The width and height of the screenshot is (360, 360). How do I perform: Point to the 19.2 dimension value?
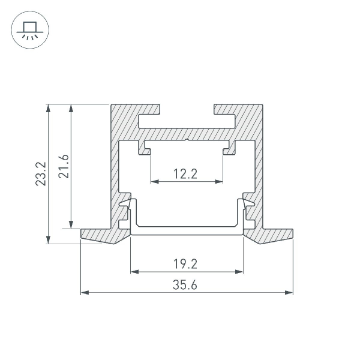pos(186,263)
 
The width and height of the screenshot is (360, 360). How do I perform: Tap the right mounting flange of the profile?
pos(273,235)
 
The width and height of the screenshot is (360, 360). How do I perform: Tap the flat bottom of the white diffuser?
pos(186,230)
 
